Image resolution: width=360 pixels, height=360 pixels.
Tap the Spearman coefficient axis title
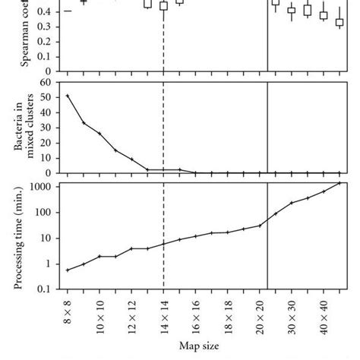[27, 34]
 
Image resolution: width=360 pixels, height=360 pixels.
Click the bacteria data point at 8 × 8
[68, 96]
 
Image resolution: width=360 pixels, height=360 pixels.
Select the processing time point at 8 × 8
[68, 270]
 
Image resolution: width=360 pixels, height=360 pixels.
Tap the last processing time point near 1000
[339, 183]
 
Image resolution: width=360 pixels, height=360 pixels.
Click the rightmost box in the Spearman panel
[339, 22]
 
